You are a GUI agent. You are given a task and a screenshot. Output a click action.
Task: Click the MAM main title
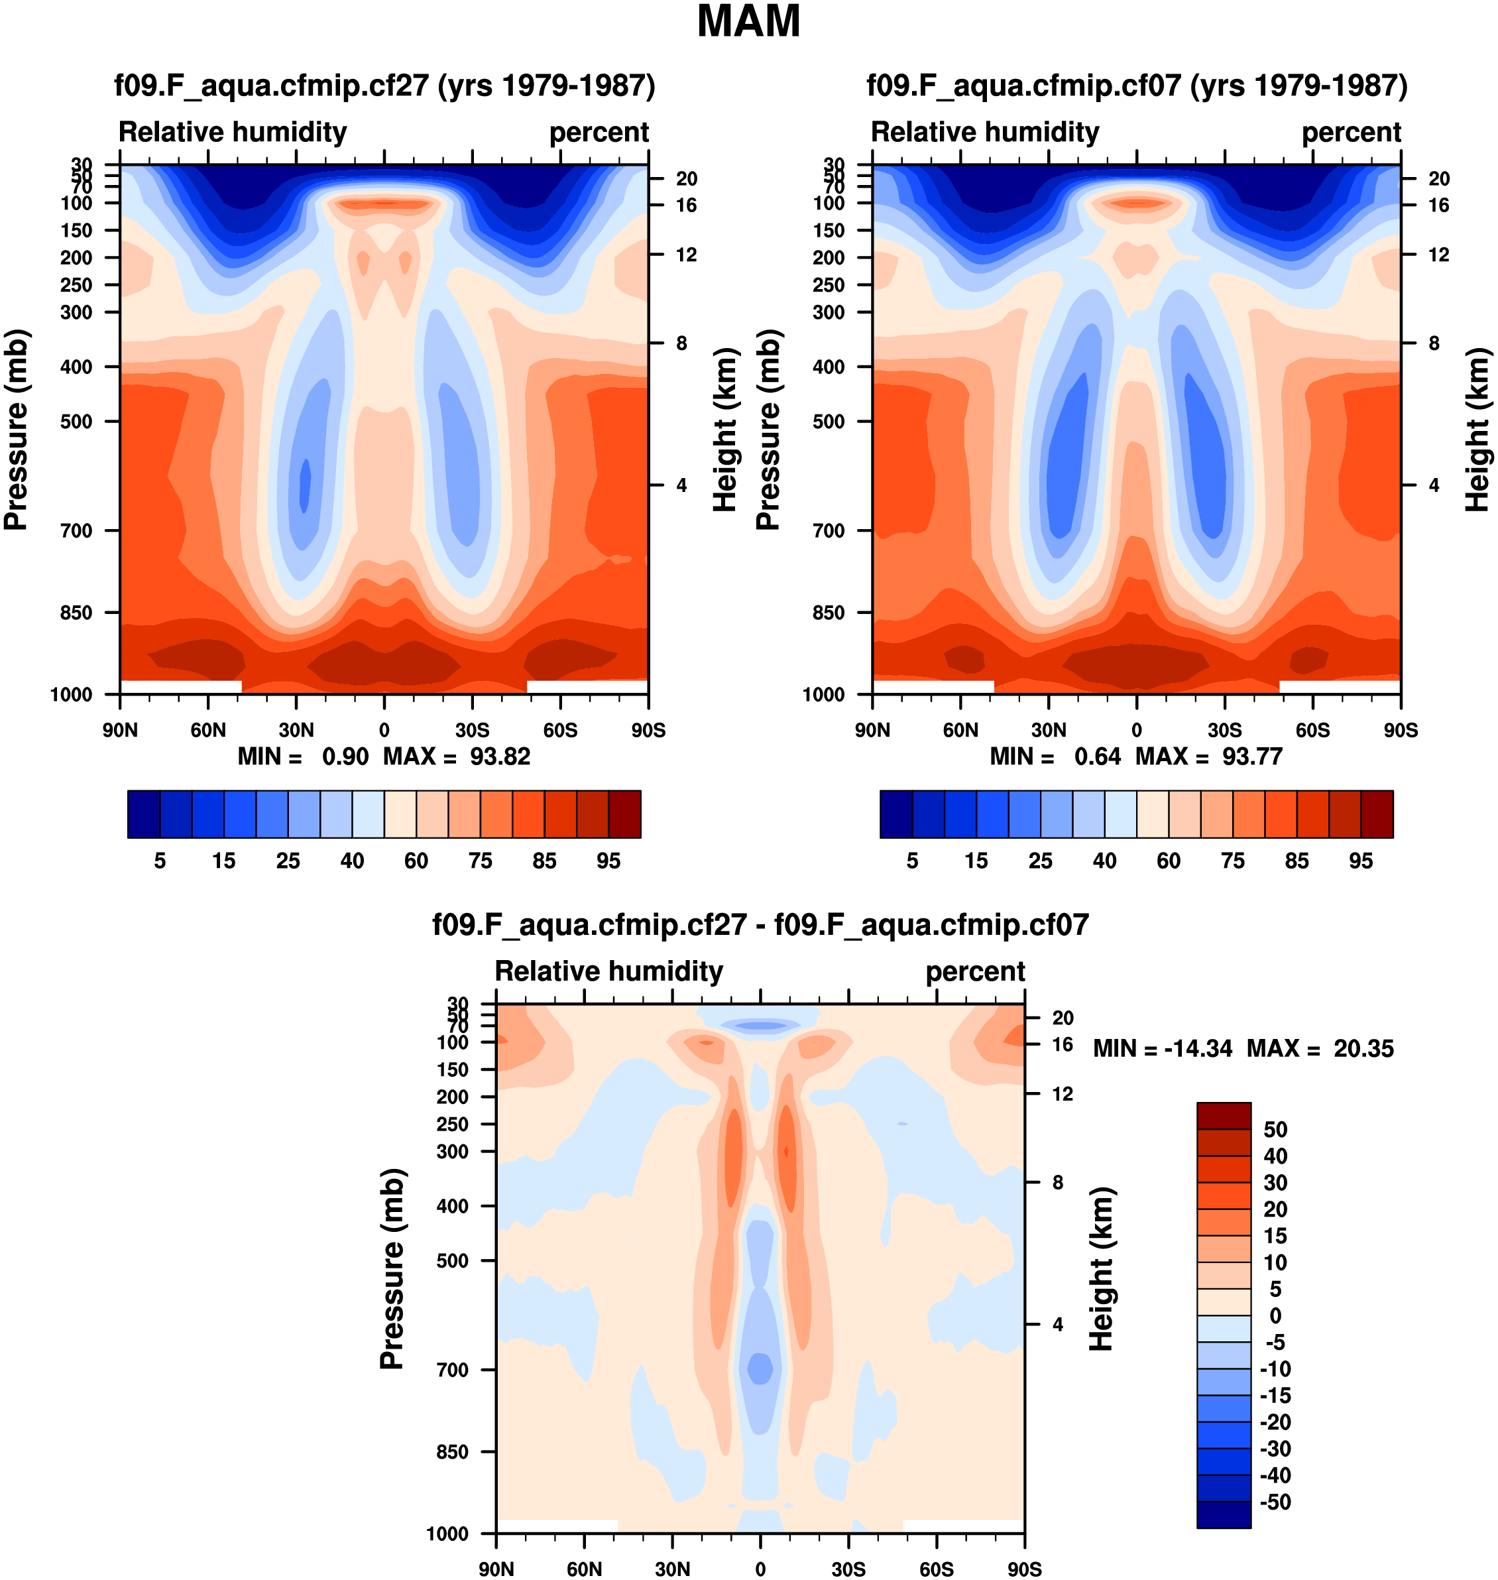748,22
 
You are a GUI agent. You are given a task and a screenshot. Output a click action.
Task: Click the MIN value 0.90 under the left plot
345,757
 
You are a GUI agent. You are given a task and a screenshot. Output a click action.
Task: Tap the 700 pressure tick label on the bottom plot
452,1370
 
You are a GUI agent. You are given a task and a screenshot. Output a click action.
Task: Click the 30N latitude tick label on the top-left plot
296,730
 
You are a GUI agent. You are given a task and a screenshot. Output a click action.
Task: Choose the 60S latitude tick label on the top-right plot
1313,730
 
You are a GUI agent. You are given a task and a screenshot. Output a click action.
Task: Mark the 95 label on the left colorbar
608,861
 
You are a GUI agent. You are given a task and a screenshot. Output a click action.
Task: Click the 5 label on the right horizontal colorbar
912,861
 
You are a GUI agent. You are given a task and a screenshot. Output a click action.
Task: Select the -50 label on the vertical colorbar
1275,1502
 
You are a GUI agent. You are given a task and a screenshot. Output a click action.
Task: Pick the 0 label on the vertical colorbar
1275,1315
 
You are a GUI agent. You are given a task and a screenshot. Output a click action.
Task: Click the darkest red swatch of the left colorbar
624,814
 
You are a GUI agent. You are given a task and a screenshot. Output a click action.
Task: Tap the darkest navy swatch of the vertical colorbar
1224,1514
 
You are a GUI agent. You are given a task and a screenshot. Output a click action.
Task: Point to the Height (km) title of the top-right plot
1477,429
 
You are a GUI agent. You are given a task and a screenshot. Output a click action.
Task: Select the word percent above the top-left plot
599,133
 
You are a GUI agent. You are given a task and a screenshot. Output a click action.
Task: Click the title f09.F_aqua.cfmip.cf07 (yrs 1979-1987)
1136,86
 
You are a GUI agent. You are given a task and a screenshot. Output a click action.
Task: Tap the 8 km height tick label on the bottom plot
1057,1182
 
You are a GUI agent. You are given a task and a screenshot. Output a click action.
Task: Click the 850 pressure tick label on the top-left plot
77,613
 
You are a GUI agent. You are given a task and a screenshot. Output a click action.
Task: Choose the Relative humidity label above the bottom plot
608,971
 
